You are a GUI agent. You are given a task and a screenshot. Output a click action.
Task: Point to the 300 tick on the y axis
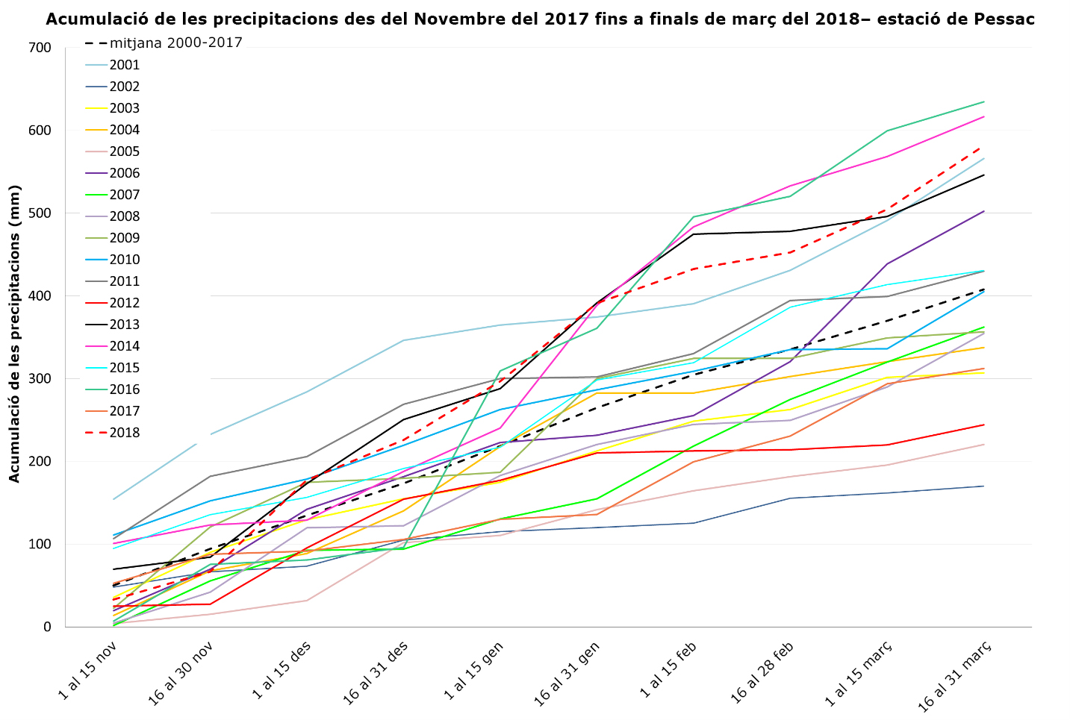[x=42, y=378]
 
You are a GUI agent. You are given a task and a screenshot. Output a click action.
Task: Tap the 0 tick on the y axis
[x=47, y=627]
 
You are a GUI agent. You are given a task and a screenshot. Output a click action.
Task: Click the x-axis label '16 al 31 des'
[x=376, y=673]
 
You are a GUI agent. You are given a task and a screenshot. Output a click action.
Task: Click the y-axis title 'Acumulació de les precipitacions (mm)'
[x=14, y=334]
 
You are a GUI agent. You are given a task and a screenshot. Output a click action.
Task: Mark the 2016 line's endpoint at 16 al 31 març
[x=984, y=101]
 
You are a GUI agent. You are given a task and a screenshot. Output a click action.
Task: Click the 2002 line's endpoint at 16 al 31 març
[x=984, y=486]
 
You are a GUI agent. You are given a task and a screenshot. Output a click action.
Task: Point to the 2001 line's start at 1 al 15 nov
[x=113, y=499]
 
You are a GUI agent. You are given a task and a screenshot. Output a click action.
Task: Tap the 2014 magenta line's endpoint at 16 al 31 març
[x=984, y=116]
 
